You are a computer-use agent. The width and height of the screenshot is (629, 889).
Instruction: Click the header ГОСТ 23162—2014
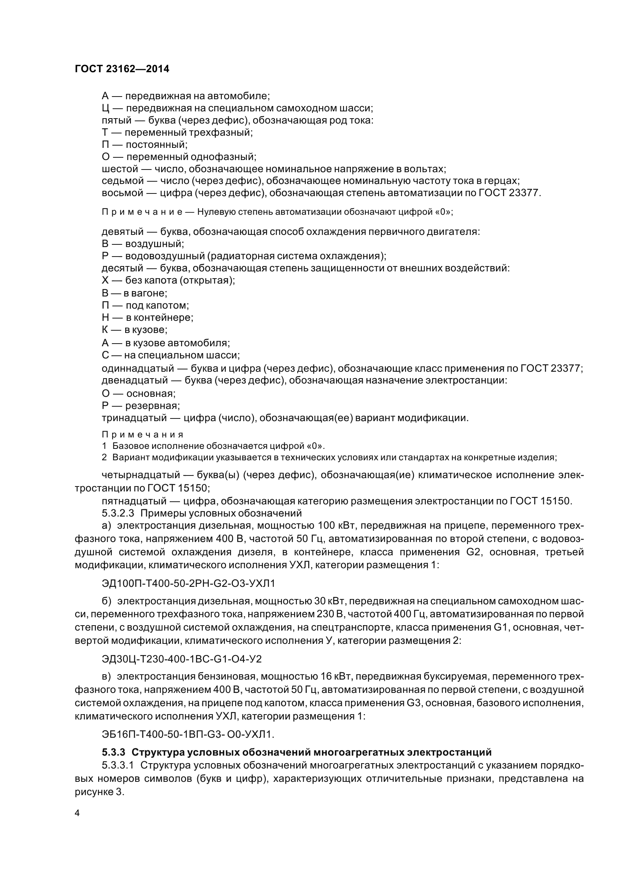[x=122, y=69]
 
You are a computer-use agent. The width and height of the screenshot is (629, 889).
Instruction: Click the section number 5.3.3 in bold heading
[x=113, y=752]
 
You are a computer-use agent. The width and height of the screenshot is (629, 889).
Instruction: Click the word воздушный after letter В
[x=154, y=244]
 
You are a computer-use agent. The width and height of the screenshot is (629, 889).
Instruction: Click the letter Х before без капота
[x=105, y=280]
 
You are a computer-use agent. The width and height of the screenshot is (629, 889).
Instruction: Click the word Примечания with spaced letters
[x=142, y=434]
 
